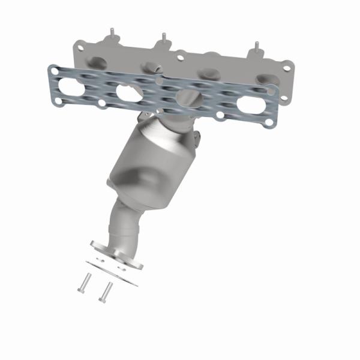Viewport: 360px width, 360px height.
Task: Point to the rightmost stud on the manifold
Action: point(256,47)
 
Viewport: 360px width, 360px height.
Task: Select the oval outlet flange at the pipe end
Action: point(117,254)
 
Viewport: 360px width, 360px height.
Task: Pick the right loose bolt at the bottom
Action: point(106,292)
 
